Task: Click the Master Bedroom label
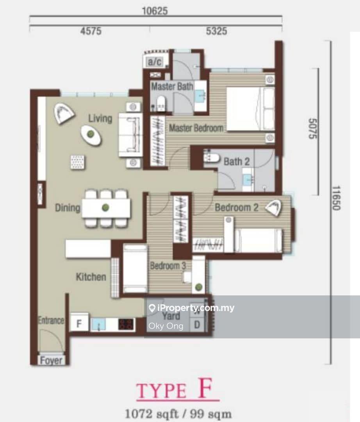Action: (x=196, y=128)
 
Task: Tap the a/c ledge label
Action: (x=155, y=62)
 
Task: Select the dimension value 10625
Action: (x=155, y=11)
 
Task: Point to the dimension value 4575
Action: (x=91, y=31)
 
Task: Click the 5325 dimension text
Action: (x=216, y=31)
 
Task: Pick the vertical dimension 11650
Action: (x=336, y=198)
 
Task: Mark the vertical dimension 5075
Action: (x=313, y=129)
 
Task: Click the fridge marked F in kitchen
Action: (x=79, y=323)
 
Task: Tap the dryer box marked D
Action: (x=197, y=325)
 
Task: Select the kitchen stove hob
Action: (x=126, y=324)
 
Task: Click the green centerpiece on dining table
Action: (x=105, y=207)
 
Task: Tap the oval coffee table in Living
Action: (x=91, y=135)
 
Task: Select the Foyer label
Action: (x=51, y=360)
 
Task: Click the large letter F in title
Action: (x=205, y=388)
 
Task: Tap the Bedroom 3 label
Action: (x=168, y=266)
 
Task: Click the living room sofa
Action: (x=130, y=135)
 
